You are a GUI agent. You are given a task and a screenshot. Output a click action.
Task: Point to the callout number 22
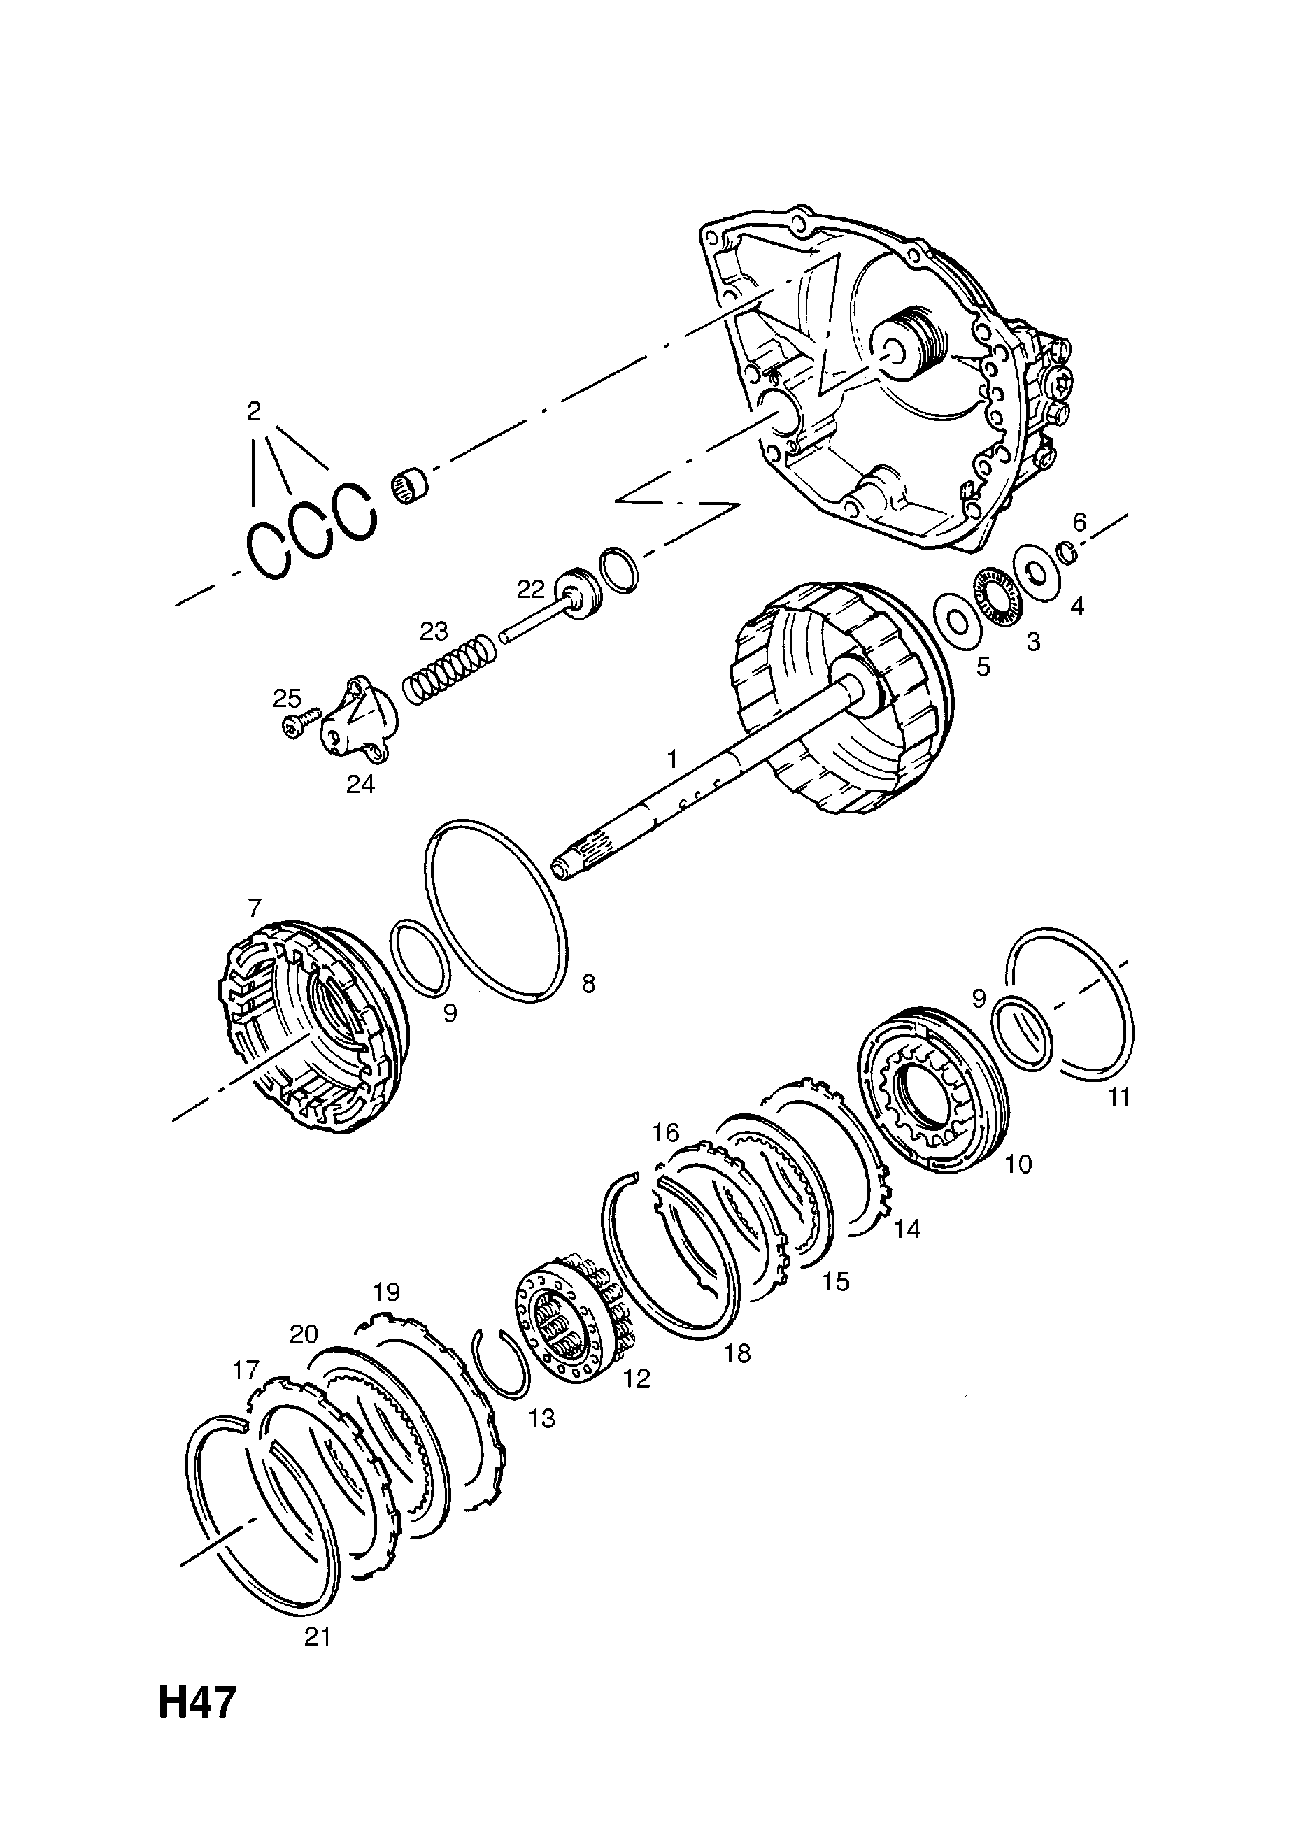tap(531, 589)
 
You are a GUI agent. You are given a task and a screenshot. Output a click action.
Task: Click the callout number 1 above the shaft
tap(673, 758)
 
